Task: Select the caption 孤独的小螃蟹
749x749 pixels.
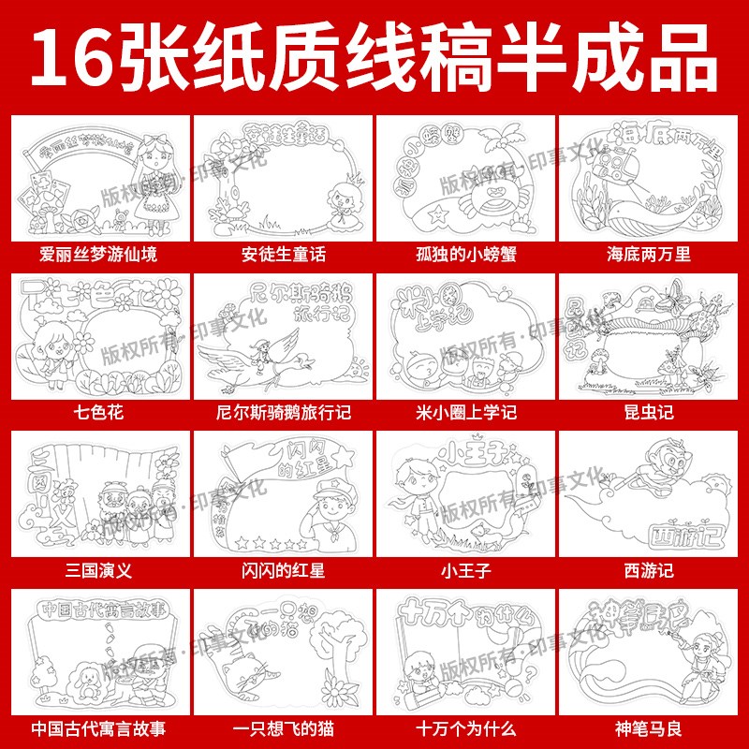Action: [x=465, y=254]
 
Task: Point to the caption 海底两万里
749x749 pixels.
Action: [x=649, y=254]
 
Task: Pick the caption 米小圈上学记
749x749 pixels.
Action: [x=465, y=411]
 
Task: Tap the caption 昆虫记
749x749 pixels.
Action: [x=649, y=411]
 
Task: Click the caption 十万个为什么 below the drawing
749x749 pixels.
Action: [x=465, y=727]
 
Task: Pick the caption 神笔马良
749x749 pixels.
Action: [x=649, y=727]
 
